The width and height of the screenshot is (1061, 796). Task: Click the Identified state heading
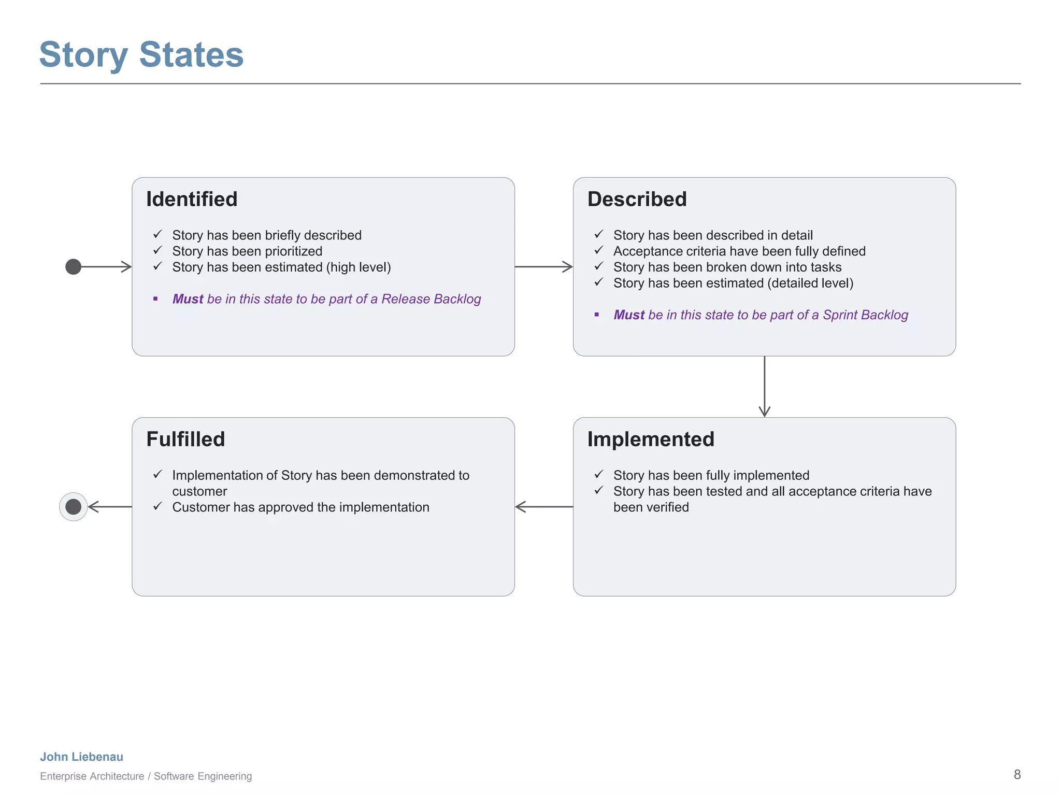[192, 200]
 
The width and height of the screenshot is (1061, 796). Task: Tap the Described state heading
[637, 200]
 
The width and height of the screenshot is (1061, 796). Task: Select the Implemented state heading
[651, 439]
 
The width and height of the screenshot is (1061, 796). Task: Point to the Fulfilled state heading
[185, 439]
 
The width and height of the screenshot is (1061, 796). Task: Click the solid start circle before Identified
[74, 267]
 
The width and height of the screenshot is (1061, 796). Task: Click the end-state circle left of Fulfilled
[74, 507]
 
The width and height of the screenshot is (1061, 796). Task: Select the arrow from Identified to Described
[543, 267]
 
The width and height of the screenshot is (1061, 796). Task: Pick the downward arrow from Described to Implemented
[764, 387]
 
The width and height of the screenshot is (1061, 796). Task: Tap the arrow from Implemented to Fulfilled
[543, 507]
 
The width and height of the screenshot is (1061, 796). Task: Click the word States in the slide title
[191, 55]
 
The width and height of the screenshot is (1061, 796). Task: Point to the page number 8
[1017, 775]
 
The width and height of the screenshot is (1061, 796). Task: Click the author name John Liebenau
[82, 757]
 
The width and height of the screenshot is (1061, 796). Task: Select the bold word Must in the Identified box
[188, 299]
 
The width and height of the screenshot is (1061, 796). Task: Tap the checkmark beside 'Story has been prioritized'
[158, 251]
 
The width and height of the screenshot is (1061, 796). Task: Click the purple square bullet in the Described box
[597, 315]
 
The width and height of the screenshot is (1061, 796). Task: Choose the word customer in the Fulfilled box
[199, 491]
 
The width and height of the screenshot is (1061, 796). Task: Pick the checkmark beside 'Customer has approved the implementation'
[158, 506]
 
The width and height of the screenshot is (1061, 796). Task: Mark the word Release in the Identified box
[405, 299]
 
